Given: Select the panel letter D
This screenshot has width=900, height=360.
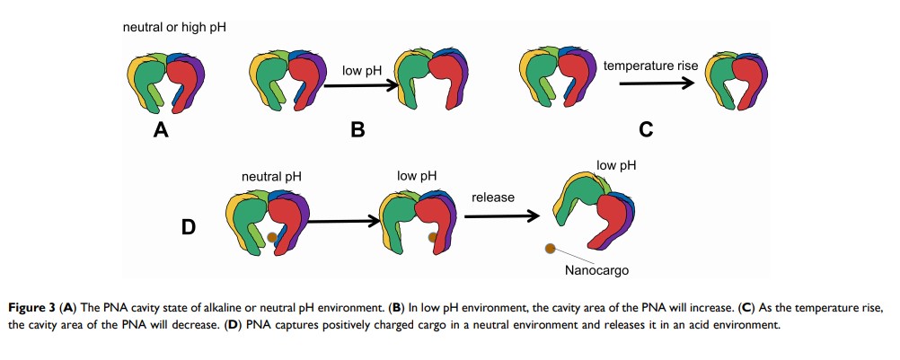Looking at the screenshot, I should [189, 227].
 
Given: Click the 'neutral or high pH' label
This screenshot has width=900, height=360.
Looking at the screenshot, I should [174, 28].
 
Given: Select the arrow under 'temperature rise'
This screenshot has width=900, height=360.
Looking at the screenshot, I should [657, 83].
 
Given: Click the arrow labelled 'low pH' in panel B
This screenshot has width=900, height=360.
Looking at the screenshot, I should [361, 86].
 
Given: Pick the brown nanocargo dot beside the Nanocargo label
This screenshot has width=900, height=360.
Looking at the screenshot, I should [550, 247].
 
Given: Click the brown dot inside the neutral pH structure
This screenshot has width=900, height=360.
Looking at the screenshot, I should [272, 238].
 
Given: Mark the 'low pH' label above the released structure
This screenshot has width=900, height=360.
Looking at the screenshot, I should [617, 166].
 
